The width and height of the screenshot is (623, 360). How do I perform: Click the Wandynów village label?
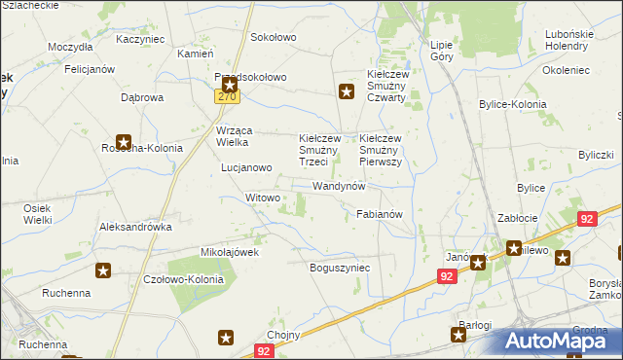339,185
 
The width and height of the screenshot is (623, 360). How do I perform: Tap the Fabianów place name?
380,213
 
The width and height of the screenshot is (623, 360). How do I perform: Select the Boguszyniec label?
340,267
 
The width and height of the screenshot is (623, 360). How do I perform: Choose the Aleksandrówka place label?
135,226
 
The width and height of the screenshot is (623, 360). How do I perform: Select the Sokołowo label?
274,37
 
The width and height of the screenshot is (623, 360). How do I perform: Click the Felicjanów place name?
91,70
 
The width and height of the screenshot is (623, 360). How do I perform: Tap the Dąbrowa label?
142,97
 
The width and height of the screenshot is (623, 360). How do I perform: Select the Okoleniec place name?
567,70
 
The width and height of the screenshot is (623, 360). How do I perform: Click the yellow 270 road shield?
228,97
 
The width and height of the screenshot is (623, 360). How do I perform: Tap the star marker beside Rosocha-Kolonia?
124,141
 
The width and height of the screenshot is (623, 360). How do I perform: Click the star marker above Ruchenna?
102,271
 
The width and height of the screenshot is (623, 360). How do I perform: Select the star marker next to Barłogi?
458,335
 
